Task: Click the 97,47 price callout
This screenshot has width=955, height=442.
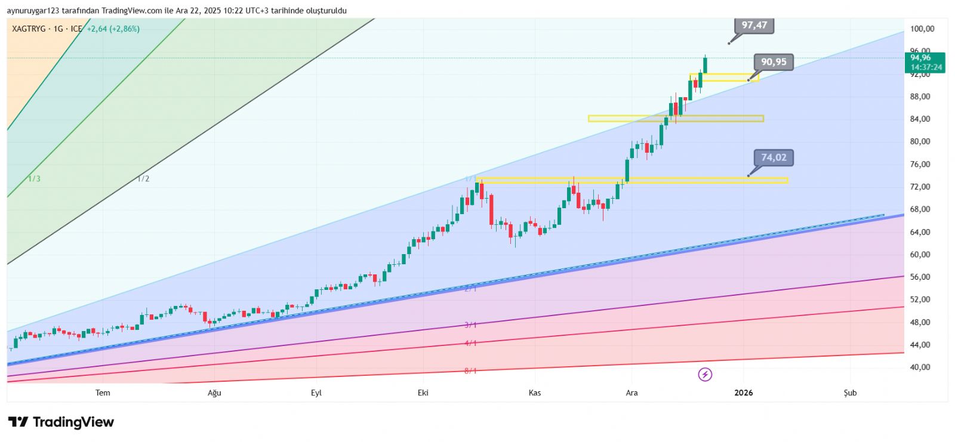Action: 754,25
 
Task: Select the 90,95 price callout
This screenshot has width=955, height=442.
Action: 774,62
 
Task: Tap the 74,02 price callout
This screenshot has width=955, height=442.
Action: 774,157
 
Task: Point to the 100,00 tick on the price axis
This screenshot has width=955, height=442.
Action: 922,29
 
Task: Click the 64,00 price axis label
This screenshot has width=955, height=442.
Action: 920,232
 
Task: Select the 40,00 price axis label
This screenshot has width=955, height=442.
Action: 920,367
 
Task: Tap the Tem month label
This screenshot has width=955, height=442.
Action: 103,392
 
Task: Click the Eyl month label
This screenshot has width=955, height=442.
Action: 316,392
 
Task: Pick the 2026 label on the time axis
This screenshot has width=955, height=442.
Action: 744,392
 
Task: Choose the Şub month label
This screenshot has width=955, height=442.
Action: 850,392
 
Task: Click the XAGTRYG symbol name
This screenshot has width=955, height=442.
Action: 29,29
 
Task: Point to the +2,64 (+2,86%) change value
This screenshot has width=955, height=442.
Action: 113,29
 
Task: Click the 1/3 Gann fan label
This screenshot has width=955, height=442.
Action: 35,179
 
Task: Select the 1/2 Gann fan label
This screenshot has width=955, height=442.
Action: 143,179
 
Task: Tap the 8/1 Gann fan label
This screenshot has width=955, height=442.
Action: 470,371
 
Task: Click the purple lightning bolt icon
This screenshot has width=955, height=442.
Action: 705,375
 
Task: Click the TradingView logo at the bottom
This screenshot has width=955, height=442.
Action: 61,422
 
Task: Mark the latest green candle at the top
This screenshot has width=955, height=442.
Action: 705,65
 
